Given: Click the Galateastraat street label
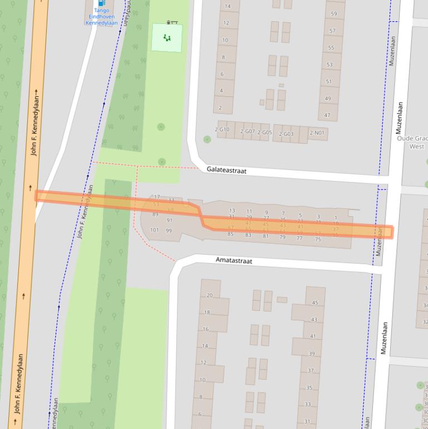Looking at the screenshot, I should (x=226, y=169).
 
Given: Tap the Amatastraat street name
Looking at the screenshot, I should (x=234, y=261).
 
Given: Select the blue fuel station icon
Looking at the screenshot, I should (x=101, y=3).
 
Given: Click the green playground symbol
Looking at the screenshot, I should (x=167, y=38).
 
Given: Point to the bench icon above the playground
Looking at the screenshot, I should (x=173, y=22).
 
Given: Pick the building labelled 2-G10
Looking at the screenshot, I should (x=222, y=130).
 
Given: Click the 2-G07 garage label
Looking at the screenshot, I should (x=247, y=131).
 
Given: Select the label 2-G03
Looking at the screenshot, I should (x=286, y=134).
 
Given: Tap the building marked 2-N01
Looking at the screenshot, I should (x=317, y=133).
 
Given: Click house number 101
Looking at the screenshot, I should (x=154, y=230).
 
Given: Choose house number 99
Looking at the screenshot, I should (x=169, y=231).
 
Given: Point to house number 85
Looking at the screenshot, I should (x=230, y=235).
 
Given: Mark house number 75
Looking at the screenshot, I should (x=318, y=240).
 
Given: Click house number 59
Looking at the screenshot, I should (x=333, y=14).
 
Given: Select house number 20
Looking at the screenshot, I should (x=209, y=295).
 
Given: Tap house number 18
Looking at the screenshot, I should (x=207, y=313).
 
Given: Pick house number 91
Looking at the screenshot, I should (x=169, y=221).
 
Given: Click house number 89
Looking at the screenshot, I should (x=155, y=214).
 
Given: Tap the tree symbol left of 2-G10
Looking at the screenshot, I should (x=207, y=139).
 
